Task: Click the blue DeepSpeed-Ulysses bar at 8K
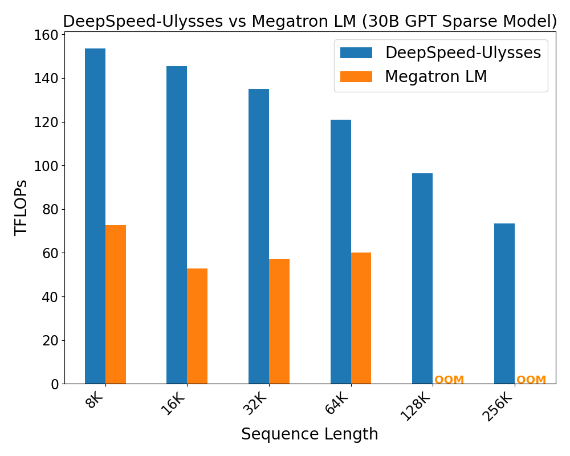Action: pyautogui.click(x=95, y=217)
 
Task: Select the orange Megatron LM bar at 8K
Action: pyautogui.click(x=116, y=304)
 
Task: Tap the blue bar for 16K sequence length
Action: pyautogui.click(x=177, y=225)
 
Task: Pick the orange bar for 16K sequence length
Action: pyautogui.click(x=197, y=326)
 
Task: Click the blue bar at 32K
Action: pyautogui.click(x=259, y=237)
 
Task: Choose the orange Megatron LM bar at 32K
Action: pyautogui.click(x=279, y=321)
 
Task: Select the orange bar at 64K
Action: pyautogui.click(x=361, y=318)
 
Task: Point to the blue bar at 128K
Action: pyautogui.click(x=422, y=279)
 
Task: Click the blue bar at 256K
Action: pyautogui.click(x=504, y=304)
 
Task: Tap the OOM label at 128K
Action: pyautogui.click(x=449, y=380)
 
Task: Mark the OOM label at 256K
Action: pyautogui.click(x=531, y=380)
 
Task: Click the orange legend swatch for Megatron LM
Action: pyautogui.click(x=356, y=76)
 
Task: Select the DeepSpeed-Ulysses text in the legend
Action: pyautogui.click(x=463, y=53)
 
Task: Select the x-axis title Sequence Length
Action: pyautogui.click(x=310, y=434)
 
